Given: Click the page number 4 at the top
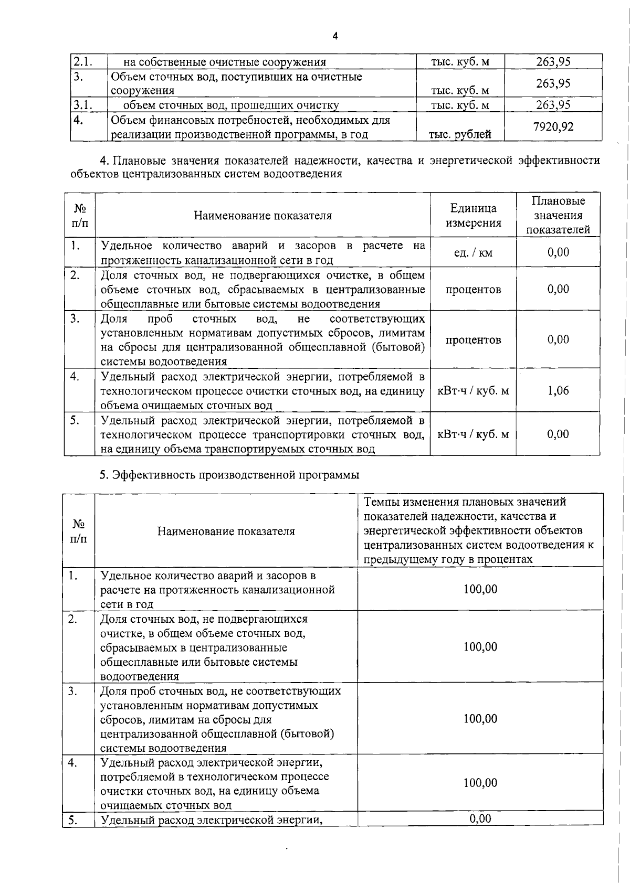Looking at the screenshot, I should click(x=335, y=36).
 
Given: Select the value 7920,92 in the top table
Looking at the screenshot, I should click(x=553, y=127).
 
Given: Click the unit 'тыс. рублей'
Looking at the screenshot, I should click(x=460, y=134).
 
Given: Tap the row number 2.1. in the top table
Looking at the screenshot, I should click(x=82, y=62).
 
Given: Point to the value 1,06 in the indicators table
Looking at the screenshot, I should click(x=558, y=390).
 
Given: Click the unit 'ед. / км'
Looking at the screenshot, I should click(x=473, y=253).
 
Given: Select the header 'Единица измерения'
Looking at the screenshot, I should click(x=473, y=216).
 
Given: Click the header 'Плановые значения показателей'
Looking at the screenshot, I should click(x=558, y=215).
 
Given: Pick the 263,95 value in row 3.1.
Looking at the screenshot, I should click(x=553, y=105).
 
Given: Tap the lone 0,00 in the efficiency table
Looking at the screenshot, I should click(x=480, y=818).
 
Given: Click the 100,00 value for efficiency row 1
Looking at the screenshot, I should click(x=480, y=589).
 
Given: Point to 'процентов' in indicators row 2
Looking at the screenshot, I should click(x=473, y=290).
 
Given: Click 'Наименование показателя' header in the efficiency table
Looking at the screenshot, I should click(x=226, y=531).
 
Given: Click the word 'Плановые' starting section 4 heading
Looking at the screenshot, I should click(x=138, y=160).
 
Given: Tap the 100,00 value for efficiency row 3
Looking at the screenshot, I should click(x=480, y=719).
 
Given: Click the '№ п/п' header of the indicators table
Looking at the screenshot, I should click(x=80, y=216).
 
